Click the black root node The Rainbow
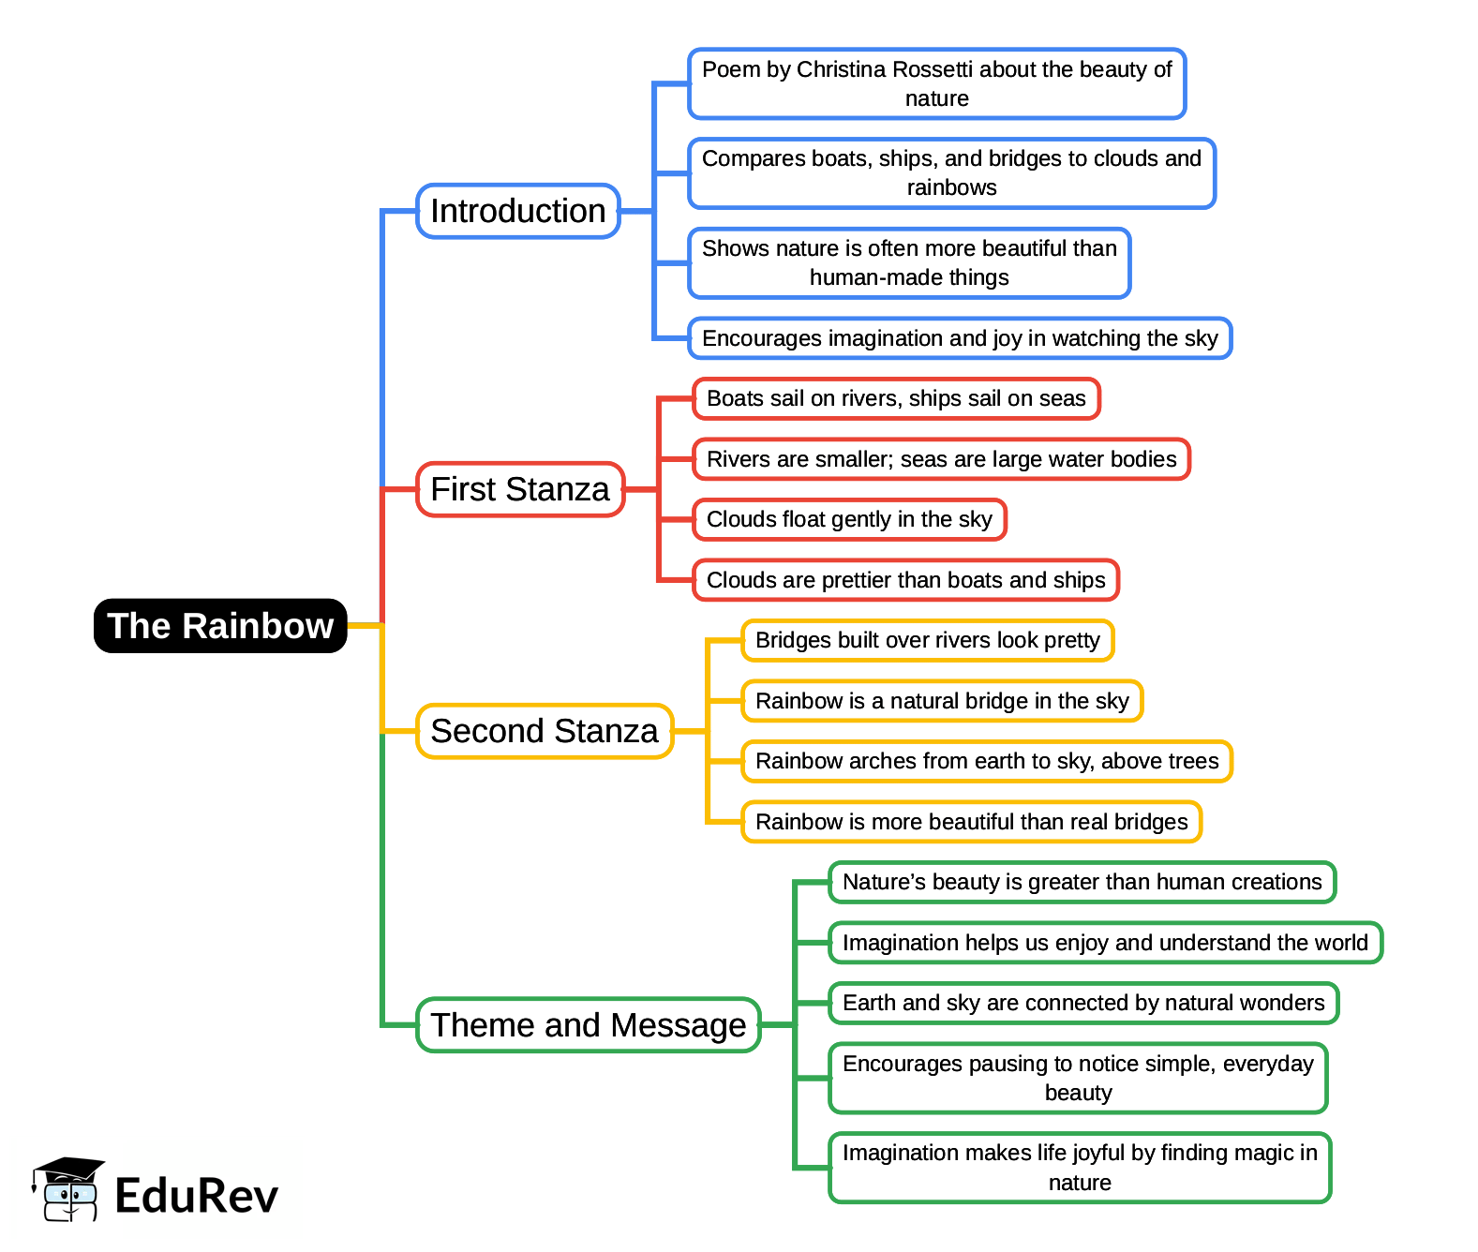tap(220, 626)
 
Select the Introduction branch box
tap(518, 211)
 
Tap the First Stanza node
tap(520, 489)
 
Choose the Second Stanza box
tap(545, 731)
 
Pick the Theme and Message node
tap(589, 1025)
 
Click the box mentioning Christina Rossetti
tap(937, 84)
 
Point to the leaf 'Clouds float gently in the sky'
tap(849, 519)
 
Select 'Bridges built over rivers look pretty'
tap(928, 640)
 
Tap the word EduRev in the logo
tap(197, 1196)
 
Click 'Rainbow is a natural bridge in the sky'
tap(942, 701)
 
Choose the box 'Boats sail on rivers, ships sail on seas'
tap(896, 398)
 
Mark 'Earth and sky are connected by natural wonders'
tap(1083, 1003)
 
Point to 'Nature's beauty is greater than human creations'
tap(1082, 882)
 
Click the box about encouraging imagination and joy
tap(960, 338)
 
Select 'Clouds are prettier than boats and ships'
tap(906, 580)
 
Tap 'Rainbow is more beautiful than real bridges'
tap(971, 822)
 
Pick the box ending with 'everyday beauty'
tap(1078, 1078)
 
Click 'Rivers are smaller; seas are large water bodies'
tap(941, 459)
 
